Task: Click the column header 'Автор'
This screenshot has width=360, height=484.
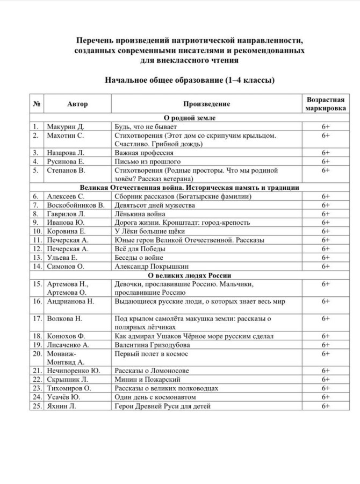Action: click(77, 104)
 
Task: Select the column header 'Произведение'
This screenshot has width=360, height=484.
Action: click(206, 104)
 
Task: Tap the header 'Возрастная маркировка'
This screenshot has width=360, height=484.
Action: click(325, 104)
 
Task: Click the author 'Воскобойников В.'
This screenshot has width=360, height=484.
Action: click(75, 205)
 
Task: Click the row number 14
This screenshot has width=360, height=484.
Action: click(37, 266)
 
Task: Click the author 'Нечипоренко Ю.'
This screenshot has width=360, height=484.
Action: click(74, 371)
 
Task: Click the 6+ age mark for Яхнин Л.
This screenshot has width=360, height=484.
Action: click(325, 406)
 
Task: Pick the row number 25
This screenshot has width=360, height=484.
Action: click(37, 406)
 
